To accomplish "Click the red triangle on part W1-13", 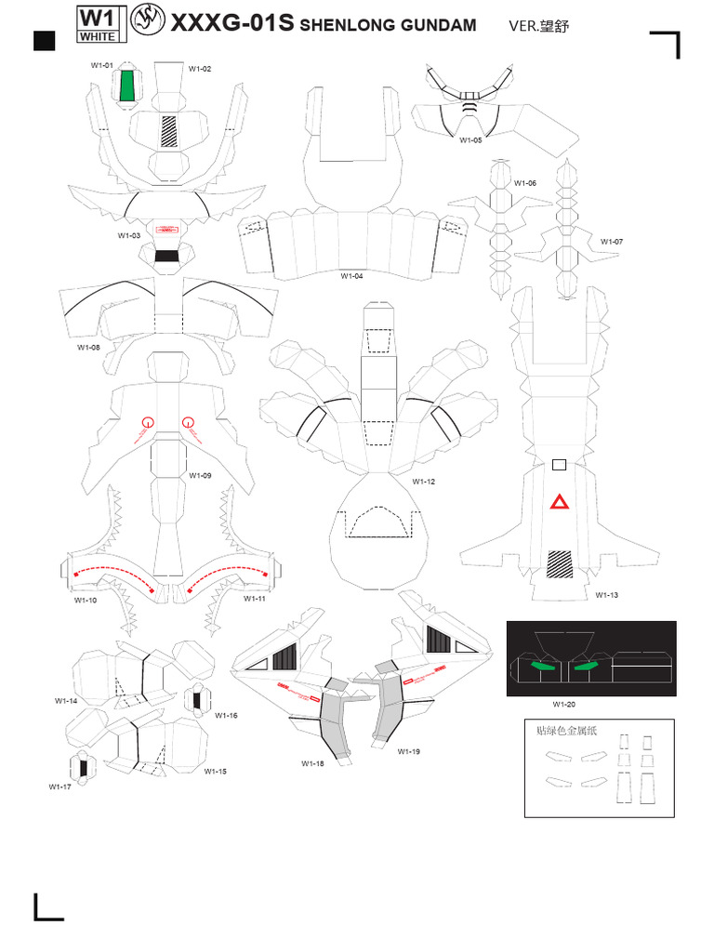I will point(560,503).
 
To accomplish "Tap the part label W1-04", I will point(351,276).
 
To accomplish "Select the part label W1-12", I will point(424,482).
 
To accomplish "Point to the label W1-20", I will point(564,704).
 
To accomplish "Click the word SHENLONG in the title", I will point(346,26).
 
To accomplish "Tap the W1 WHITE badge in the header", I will point(98,25).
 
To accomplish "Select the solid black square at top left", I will point(44,40).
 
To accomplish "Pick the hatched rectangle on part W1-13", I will point(560,564).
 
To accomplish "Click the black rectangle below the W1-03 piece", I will point(167,256).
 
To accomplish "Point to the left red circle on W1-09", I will point(147,422).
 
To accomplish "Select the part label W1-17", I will point(60,787).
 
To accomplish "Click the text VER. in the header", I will point(524,27).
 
